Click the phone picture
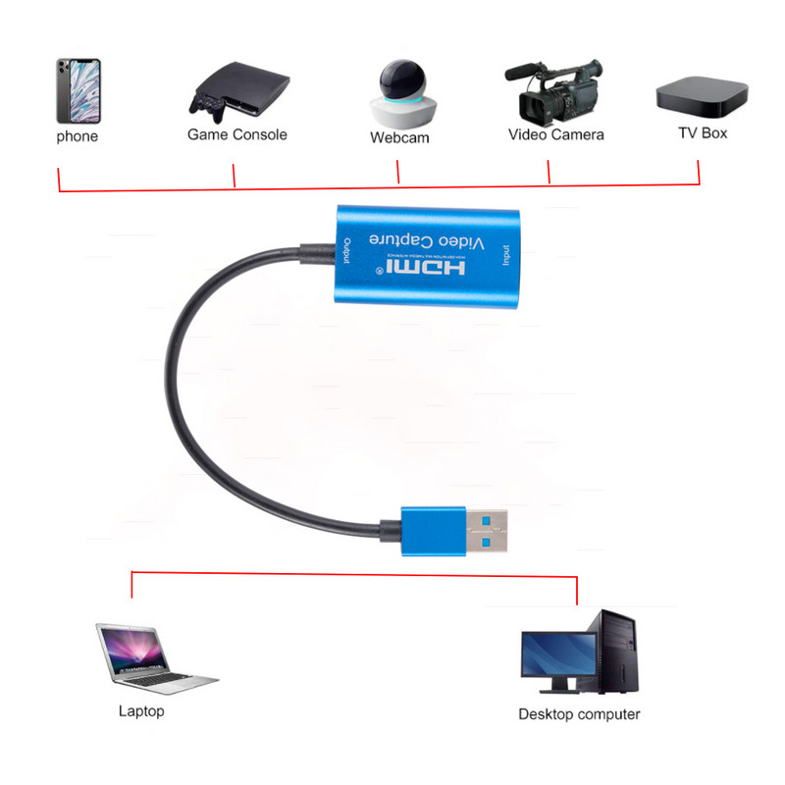tap(78, 89)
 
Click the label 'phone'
tap(78, 136)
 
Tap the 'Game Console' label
tap(237, 134)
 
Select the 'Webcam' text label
tap(399, 138)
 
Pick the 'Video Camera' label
tap(556, 134)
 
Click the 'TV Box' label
tap(703, 132)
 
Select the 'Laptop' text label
tap(141, 711)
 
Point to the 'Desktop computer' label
tap(579, 714)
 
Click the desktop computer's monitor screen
tap(558, 654)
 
